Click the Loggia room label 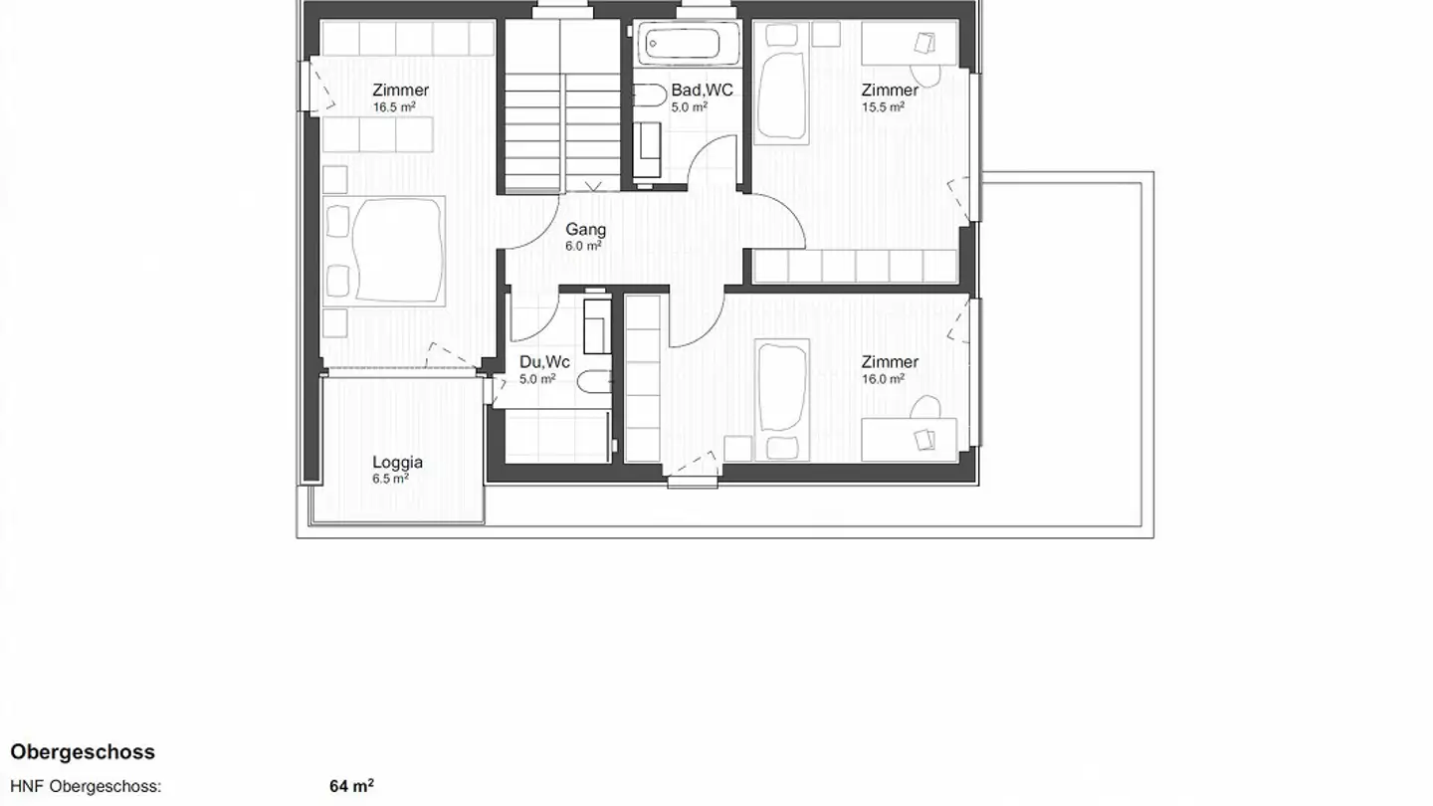tap(397, 462)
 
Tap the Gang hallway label tap(585, 230)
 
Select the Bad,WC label tap(702, 91)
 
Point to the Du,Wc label tap(544, 362)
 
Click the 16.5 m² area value tap(394, 106)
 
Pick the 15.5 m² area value tap(883, 106)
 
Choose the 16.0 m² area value tap(883, 379)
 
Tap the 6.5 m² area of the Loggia tap(390, 479)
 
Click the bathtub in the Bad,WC tap(682, 45)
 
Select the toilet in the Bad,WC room tap(648, 96)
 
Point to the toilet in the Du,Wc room tap(595, 381)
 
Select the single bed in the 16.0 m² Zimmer tap(781, 400)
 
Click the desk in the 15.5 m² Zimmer tap(910, 44)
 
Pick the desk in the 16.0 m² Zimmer tap(910, 439)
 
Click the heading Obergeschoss tap(83, 752)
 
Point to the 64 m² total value tap(351, 786)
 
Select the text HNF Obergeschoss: tap(86, 786)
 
